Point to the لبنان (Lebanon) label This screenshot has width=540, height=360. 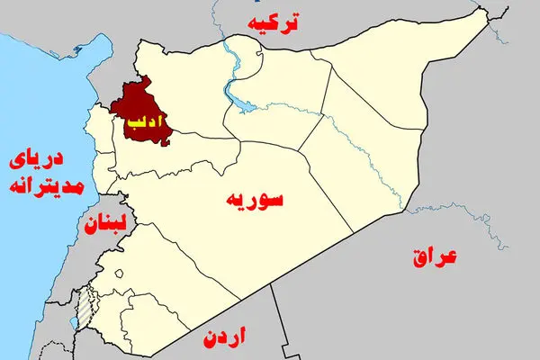pos(105,223)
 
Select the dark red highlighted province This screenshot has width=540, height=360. pos(135,103)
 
